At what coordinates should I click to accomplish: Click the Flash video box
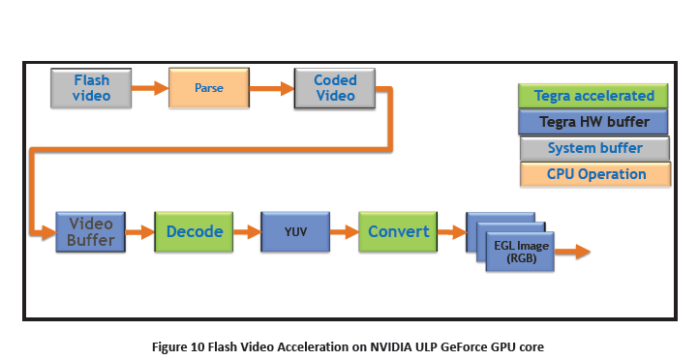[x=92, y=88]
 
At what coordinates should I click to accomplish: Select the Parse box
[x=208, y=88]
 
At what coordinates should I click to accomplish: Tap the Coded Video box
[x=335, y=88]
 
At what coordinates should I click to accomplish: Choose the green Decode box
[x=195, y=232]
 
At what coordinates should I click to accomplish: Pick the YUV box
[x=295, y=232]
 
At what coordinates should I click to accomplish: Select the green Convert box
[x=398, y=232]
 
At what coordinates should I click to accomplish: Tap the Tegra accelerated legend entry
[x=593, y=97]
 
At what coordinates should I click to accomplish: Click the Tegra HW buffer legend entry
[x=593, y=123]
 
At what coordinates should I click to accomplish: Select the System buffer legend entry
[x=593, y=149]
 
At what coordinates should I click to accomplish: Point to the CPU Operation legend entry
[x=593, y=175]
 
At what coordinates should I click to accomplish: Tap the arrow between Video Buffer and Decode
[x=141, y=232]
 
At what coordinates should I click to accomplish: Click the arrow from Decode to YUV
[x=247, y=232]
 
